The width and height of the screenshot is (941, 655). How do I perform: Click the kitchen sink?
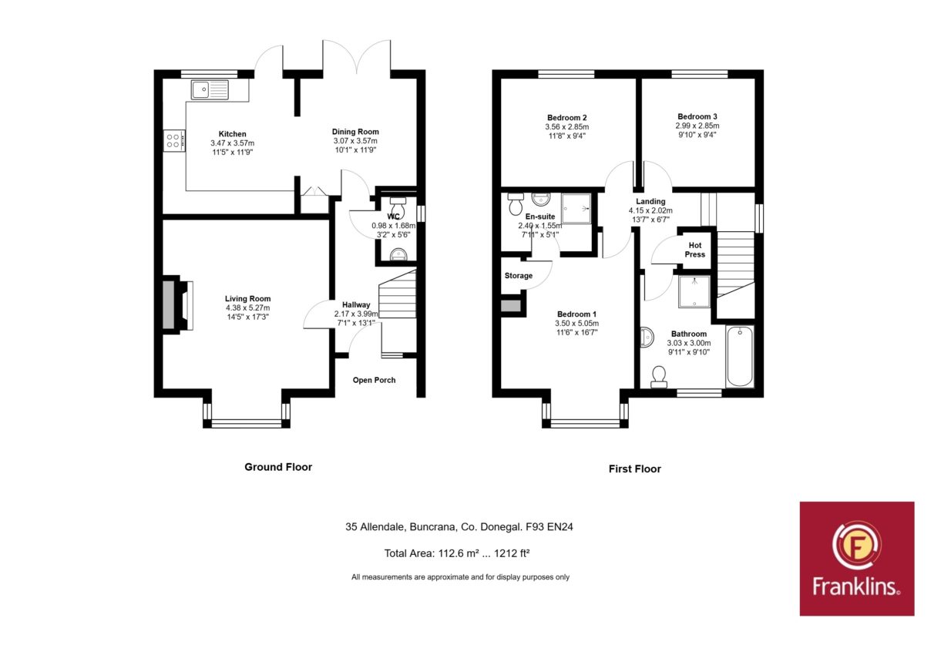[210, 89]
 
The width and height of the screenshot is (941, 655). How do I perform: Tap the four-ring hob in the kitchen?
[174, 140]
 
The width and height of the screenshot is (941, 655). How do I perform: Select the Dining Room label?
[355, 132]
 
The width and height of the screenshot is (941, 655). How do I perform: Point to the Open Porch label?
[374, 380]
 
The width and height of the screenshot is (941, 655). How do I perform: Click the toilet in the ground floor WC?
[398, 207]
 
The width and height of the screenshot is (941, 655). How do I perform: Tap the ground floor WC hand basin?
[398, 254]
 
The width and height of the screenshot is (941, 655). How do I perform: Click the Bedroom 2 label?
[566, 118]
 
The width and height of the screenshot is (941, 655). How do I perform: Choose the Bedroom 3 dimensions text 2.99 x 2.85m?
[697, 126]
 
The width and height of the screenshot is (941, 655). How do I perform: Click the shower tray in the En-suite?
[576, 208]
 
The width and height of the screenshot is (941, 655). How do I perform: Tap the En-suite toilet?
[516, 203]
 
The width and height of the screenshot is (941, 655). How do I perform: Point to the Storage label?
[519, 276]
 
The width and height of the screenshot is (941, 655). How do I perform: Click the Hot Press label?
[695, 250]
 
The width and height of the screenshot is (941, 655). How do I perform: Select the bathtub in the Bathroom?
[740, 356]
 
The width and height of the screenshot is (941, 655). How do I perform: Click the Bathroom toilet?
[659, 377]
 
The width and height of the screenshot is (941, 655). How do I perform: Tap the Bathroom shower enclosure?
[694, 291]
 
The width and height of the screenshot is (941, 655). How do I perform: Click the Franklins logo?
[857, 559]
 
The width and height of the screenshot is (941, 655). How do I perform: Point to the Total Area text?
[457, 553]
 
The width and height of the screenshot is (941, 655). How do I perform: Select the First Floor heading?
[635, 469]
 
